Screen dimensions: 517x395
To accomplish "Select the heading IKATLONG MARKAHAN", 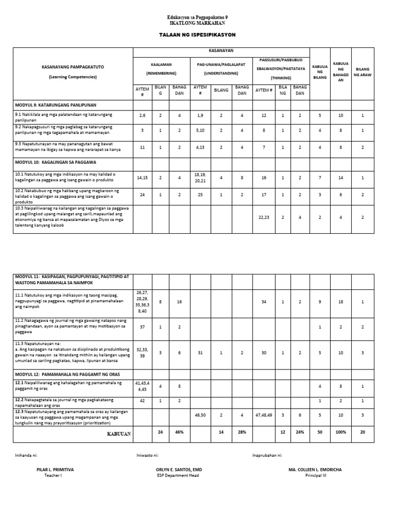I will pyautogui.click(x=197, y=24).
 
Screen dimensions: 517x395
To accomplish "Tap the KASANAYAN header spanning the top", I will pyautogui.click(x=221, y=52).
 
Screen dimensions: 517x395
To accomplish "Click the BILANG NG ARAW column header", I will pyautogui.click(x=362, y=72).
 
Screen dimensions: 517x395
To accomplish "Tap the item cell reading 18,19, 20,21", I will pyautogui.click(x=200, y=177).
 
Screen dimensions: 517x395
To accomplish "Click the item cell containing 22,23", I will pyautogui.click(x=264, y=217).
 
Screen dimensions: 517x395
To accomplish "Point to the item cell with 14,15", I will pyautogui.click(x=142, y=177).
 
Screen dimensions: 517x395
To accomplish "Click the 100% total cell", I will pyautogui.click(x=340, y=433).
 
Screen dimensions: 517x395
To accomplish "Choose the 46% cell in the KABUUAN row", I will pyautogui.click(x=179, y=433).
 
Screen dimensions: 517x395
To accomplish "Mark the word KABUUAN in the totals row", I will pyautogui.click(x=118, y=433).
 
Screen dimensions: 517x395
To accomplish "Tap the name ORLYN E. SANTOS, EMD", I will pyautogui.click(x=177, y=470).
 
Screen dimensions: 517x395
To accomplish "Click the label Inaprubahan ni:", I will pyautogui.click(x=267, y=455).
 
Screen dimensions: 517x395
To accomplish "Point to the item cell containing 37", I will pyautogui.click(x=142, y=327).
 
